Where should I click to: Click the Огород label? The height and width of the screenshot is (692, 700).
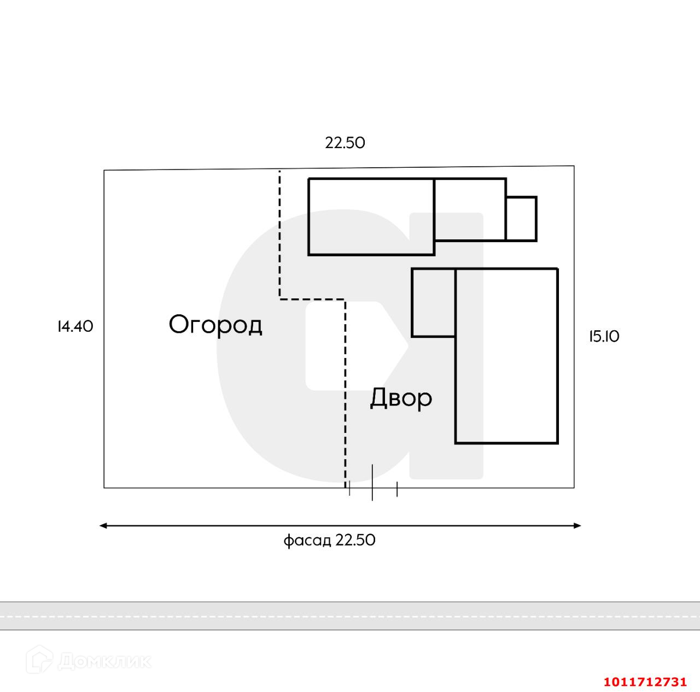tap(215, 325)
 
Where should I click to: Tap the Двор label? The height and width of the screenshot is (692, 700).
tap(401, 398)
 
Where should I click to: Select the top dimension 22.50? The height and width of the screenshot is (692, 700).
tap(345, 143)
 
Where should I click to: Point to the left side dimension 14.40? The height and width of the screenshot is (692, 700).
tap(75, 326)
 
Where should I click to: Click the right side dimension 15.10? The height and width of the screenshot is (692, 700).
tap(604, 337)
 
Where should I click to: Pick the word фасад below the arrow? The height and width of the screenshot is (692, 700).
tap(307, 541)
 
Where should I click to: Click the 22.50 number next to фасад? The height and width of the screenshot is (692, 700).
tap(355, 540)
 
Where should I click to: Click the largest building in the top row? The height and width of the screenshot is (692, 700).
tap(371, 216)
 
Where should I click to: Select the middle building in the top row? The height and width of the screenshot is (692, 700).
tap(470, 209)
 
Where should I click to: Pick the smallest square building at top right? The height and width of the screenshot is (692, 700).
tap(521, 219)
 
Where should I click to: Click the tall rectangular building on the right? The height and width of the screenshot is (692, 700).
tap(506, 355)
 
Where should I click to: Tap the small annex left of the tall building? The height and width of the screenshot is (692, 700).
tap(434, 302)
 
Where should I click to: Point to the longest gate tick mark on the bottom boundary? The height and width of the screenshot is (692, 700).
tap(372, 482)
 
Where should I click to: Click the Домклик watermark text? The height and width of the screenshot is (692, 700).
tap(104, 661)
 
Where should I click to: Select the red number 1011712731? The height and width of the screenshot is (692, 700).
tap(645, 682)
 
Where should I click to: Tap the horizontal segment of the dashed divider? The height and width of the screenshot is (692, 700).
tap(312, 299)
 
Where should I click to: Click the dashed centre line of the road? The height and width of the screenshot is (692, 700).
tap(350, 616)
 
